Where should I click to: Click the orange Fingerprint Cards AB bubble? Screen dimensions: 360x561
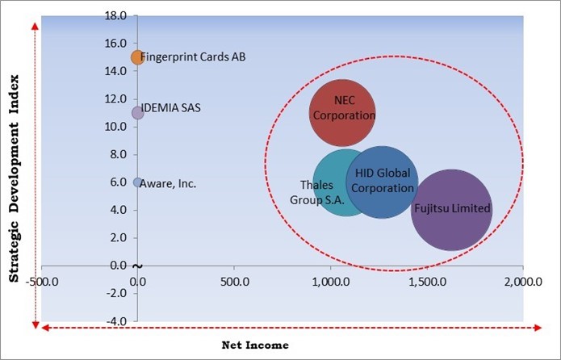(x=137, y=57)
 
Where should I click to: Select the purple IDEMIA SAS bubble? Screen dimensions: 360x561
(x=137, y=113)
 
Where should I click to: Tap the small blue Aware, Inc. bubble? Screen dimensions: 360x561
(x=137, y=182)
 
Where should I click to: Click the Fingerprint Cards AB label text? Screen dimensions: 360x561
(x=193, y=57)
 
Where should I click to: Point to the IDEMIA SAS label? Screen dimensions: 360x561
(x=173, y=107)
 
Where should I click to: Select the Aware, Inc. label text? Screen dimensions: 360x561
(x=168, y=183)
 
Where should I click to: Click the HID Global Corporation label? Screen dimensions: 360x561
(x=383, y=181)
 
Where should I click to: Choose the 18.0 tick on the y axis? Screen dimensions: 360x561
(x=115, y=15)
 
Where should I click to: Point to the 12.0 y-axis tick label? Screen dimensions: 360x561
(x=115, y=98)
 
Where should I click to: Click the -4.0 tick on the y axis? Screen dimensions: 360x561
(x=117, y=321)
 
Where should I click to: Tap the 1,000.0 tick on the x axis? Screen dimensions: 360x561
(x=329, y=283)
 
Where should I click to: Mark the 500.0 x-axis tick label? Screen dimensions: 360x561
(x=234, y=283)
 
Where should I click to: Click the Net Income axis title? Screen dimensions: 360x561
(x=255, y=345)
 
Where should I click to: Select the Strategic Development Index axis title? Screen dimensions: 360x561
(x=15, y=174)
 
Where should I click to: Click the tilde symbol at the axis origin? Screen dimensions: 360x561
(x=137, y=266)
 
